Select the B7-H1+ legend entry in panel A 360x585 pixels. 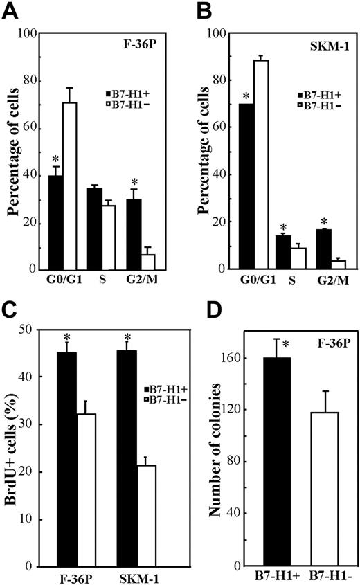pos(124,93)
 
